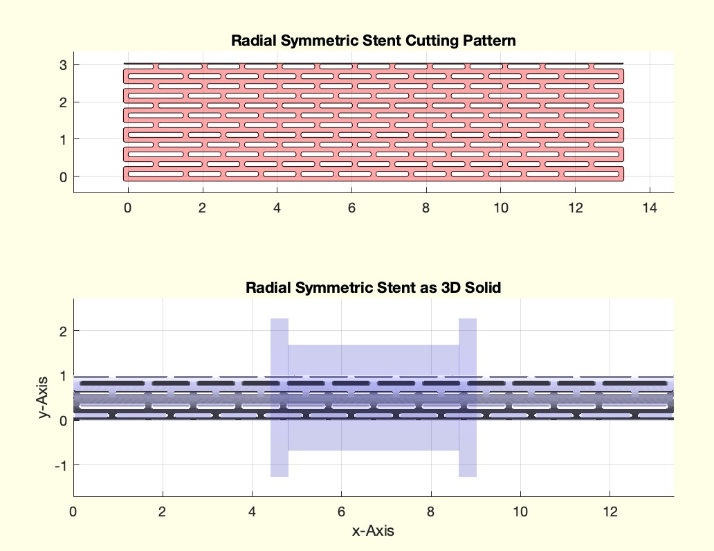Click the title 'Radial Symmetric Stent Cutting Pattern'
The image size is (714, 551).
[x=374, y=41]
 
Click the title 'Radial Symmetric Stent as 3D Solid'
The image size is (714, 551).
[x=374, y=287]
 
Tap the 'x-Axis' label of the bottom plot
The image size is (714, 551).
[x=374, y=531]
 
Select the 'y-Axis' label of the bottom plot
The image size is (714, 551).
[x=45, y=397]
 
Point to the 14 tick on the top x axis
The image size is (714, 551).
[x=649, y=207]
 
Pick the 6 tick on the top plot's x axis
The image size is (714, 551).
[x=351, y=207]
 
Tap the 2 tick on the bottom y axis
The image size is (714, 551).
[x=62, y=332]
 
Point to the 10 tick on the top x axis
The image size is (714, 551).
[x=500, y=207]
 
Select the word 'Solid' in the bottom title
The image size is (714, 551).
[x=485, y=287]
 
